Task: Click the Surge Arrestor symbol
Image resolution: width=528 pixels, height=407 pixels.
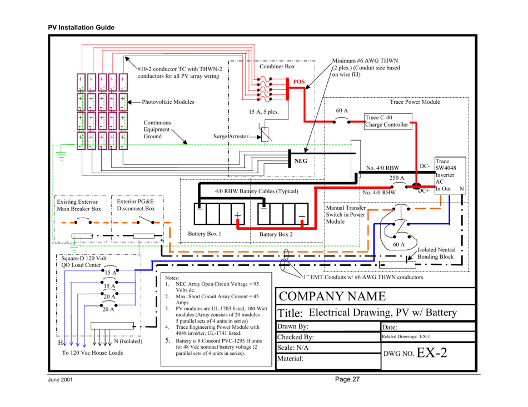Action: tap(266, 135)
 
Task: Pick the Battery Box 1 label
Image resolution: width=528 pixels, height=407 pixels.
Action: tap(205, 233)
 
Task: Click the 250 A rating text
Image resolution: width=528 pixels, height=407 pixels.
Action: tap(397, 178)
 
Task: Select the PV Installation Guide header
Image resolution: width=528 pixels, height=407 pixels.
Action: tap(81, 27)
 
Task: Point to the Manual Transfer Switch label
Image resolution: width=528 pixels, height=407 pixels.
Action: tap(345, 214)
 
